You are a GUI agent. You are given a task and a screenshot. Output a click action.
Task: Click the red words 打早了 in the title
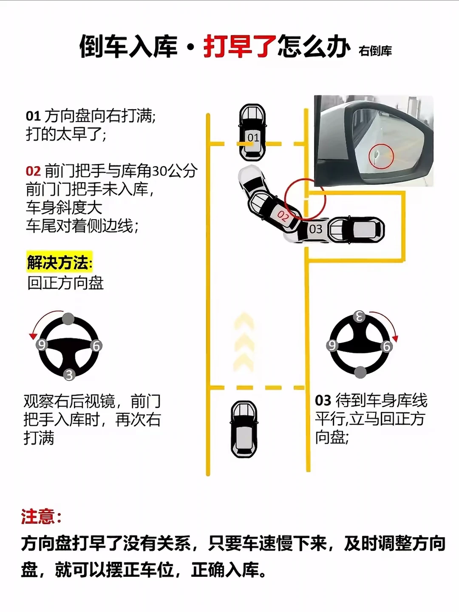click(x=240, y=47)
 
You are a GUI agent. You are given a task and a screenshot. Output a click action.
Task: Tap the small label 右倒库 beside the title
click(x=375, y=51)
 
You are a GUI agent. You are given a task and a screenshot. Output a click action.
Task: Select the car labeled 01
click(x=252, y=133)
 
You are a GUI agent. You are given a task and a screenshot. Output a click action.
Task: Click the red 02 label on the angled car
click(x=283, y=216)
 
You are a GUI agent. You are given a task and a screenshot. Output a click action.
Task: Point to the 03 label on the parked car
click(x=315, y=229)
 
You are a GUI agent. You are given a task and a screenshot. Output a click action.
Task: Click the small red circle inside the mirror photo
click(x=381, y=156)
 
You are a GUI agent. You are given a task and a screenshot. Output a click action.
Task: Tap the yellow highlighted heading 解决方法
click(x=59, y=262)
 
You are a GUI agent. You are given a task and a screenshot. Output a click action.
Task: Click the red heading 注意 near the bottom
click(x=41, y=517)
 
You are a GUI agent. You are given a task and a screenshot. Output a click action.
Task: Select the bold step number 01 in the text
click(x=33, y=116)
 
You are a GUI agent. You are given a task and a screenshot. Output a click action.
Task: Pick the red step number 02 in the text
click(x=33, y=171)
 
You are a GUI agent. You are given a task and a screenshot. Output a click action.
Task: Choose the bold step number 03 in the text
click(x=323, y=400)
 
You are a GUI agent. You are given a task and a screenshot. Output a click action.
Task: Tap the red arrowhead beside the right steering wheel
click(x=395, y=338)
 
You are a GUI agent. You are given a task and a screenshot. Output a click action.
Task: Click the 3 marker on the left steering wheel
click(x=69, y=375)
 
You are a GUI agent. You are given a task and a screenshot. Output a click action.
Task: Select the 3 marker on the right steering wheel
click(x=359, y=317)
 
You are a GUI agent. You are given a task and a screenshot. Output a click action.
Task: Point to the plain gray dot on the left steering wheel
click(x=68, y=319)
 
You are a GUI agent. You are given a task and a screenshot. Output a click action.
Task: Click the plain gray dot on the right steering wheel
click(x=360, y=372)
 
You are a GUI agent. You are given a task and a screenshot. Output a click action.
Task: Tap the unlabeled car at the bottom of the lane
click(x=244, y=429)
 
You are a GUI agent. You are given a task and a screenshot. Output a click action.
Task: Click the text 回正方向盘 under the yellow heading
click(x=65, y=283)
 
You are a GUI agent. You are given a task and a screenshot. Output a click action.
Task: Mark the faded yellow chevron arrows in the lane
click(x=244, y=343)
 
